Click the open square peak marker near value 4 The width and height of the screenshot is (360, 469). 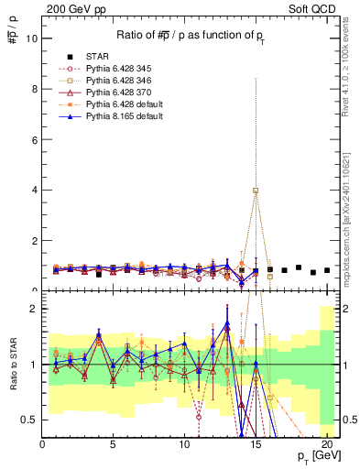coord(256,191)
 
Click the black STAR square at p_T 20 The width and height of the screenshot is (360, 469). coord(327,270)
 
